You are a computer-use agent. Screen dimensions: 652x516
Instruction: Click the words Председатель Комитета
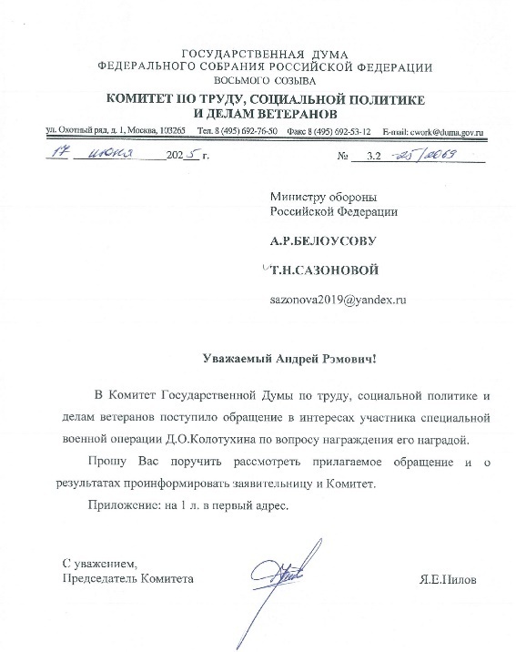127,578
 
